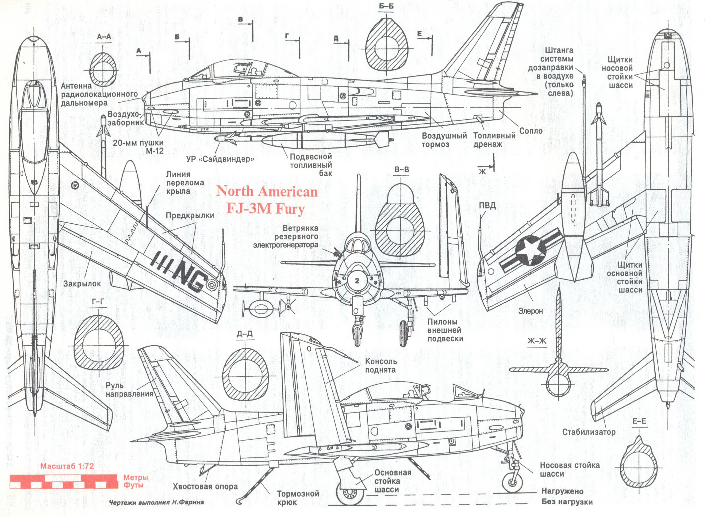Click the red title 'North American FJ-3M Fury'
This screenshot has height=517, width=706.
pyautogui.click(x=267, y=200)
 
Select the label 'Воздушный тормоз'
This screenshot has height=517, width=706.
pyautogui.click(x=444, y=140)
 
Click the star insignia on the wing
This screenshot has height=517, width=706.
pyautogui.click(x=531, y=251)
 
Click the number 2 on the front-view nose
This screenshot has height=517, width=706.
pyautogui.click(x=357, y=281)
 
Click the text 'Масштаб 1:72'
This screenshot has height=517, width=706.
pyautogui.click(x=67, y=466)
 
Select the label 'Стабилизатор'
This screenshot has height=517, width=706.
pyautogui.click(x=589, y=432)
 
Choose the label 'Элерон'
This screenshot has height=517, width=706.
pyautogui.click(x=530, y=311)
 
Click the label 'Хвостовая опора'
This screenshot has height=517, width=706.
pyautogui.click(x=205, y=487)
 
